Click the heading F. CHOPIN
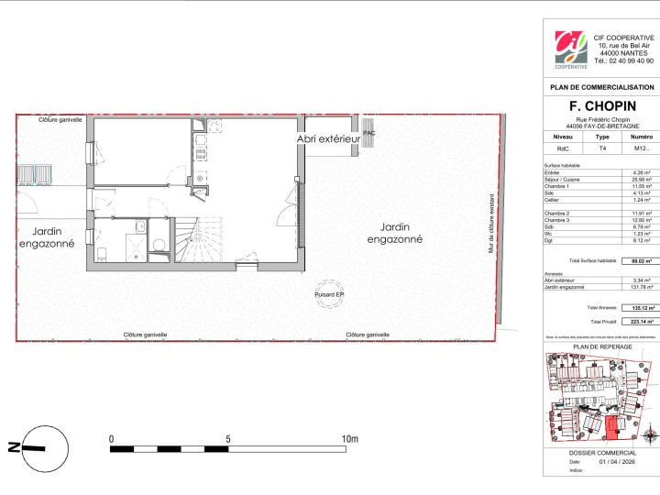coord(600,106)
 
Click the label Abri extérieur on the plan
coord(327,138)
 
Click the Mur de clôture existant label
coord(491,221)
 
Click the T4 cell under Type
coord(602,148)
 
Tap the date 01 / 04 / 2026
coord(616,462)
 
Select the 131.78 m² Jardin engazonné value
coord(639,288)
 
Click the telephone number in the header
coord(624,60)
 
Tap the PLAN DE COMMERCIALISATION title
coord(601,87)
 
